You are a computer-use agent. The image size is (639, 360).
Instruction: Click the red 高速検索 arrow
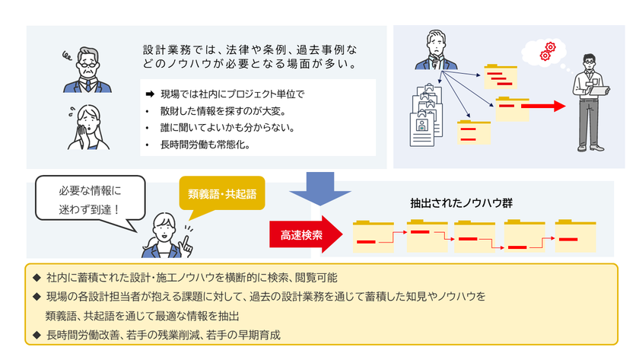(x=306, y=234)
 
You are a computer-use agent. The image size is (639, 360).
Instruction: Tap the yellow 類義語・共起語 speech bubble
(x=222, y=193)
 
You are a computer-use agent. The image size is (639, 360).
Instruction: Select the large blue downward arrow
(x=320, y=188)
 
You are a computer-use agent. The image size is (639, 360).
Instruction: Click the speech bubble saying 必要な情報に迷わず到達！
(x=90, y=199)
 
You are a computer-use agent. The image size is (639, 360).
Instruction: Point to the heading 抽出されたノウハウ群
(x=461, y=203)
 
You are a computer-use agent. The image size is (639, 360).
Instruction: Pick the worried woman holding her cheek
(x=88, y=127)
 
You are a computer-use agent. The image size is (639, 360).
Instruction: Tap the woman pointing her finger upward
(x=167, y=237)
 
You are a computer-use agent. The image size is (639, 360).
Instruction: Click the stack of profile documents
(x=426, y=116)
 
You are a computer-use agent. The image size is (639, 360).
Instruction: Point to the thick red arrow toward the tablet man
(x=543, y=107)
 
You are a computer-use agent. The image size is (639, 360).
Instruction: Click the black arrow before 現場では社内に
(x=150, y=94)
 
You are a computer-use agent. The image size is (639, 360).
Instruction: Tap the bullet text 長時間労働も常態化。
(x=205, y=145)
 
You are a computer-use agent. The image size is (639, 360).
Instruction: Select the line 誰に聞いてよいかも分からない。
(x=227, y=128)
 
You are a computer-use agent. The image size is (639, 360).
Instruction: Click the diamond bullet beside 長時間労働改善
(x=37, y=335)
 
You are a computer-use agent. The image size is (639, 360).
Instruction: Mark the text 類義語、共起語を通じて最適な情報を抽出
(x=142, y=316)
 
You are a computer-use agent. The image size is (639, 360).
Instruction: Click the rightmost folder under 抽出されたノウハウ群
(x=575, y=236)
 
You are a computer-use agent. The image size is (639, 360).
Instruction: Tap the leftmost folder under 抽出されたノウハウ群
(x=374, y=236)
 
